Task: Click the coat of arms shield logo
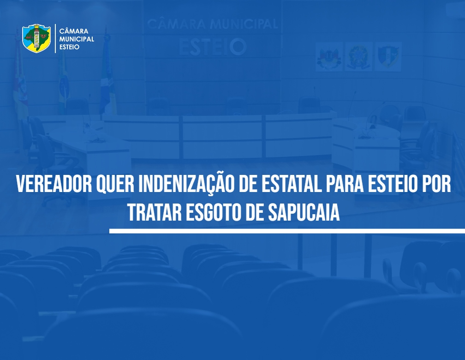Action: pos(36,38)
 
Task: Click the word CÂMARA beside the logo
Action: pos(73,31)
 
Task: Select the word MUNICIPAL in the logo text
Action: pos(77,39)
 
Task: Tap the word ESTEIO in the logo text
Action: pos(69,47)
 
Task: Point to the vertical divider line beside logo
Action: pos(55,39)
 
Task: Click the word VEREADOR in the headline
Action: pos(54,184)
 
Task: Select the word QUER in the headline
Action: pos(115,184)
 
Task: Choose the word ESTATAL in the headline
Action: pos(292,184)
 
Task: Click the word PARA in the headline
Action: pos(345,184)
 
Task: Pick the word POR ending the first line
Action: pos(437,184)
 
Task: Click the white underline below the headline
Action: pos(287,231)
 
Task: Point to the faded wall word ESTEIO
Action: pos(213,47)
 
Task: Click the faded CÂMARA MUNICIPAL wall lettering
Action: pos(212,24)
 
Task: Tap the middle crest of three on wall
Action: pos(358,57)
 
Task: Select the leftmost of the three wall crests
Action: pos(329,57)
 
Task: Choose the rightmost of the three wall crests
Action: pos(388,57)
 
